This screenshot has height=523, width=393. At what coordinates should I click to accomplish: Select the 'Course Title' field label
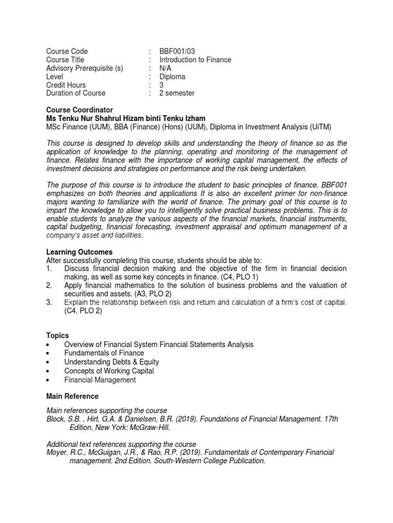click(66, 60)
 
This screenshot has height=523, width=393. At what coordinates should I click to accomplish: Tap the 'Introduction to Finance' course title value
click(195, 60)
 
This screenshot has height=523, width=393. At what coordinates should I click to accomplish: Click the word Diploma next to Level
click(172, 77)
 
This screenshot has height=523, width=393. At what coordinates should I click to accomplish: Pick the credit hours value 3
click(161, 85)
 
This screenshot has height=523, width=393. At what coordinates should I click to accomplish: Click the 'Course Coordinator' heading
click(79, 110)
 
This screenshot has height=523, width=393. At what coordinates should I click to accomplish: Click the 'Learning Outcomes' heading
click(79, 252)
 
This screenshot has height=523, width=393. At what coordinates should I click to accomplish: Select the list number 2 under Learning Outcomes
click(49, 285)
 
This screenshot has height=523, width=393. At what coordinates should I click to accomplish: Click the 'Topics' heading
click(57, 336)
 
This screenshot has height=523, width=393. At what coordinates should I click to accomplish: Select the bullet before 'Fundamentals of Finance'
click(48, 353)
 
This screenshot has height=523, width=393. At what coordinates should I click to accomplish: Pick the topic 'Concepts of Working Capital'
click(109, 371)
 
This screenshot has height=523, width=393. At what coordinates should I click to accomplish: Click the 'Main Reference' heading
click(72, 396)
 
